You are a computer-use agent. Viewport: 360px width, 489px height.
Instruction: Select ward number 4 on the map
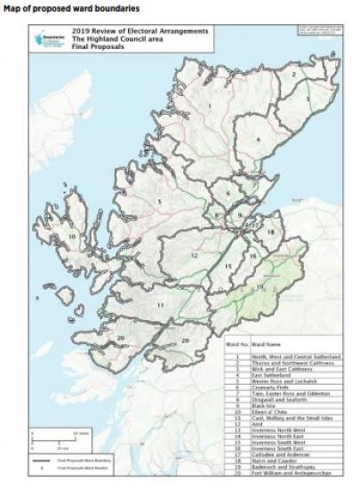click(258, 139)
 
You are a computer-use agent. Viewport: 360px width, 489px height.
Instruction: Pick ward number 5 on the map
click(159, 202)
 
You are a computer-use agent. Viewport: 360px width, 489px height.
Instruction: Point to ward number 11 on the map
click(161, 305)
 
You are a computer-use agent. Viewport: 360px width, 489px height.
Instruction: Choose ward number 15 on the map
click(228, 265)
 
